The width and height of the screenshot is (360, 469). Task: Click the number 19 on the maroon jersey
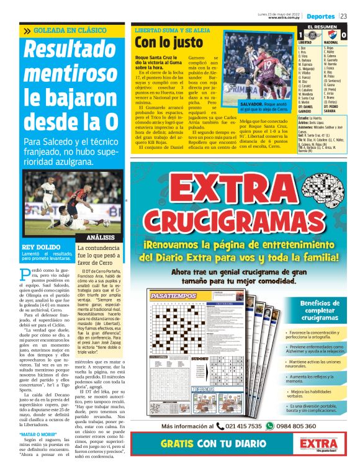pos(269,64)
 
